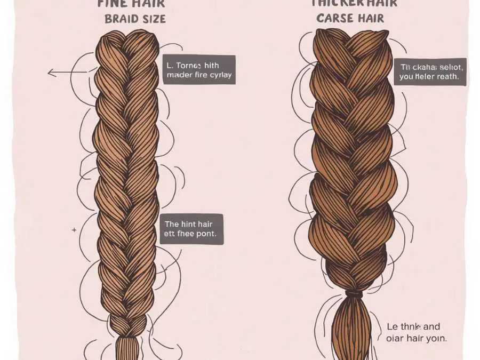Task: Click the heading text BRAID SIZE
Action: pos(135,19)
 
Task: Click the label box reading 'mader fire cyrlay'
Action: pos(198,70)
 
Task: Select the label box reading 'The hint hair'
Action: pos(192,229)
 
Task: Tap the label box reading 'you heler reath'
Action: pos(433,72)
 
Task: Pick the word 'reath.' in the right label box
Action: pos(446,77)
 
